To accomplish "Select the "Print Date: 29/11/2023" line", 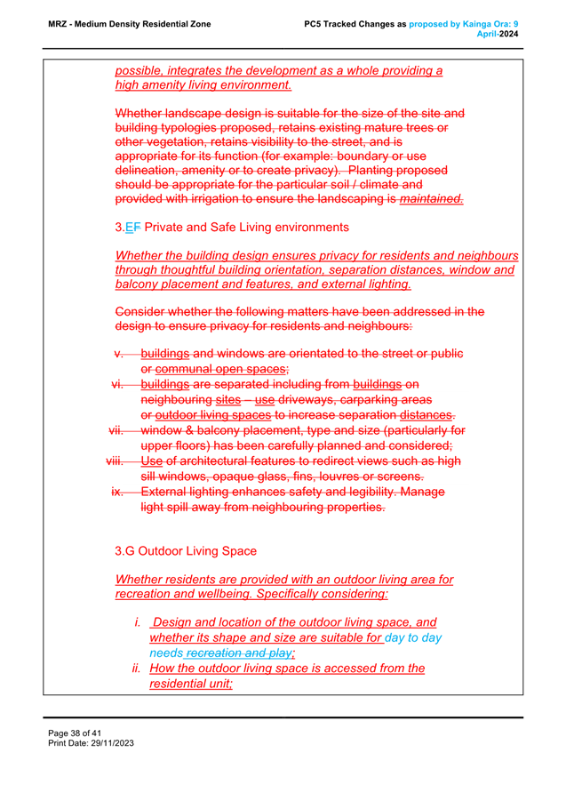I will click(91, 742).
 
